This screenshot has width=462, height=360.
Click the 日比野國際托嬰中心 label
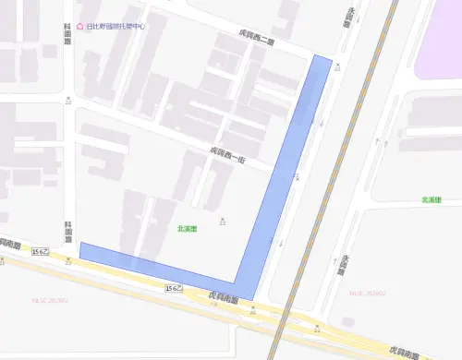[x=116, y=27]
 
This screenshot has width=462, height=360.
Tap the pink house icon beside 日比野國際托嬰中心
[x=80, y=27]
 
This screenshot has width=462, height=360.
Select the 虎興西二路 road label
[x=255, y=39]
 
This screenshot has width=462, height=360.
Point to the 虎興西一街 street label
[x=225, y=154]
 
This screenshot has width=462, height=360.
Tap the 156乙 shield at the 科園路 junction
[x=40, y=251]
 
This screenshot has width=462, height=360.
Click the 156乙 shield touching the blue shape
[x=173, y=288]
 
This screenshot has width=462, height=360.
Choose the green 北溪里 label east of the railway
[x=432, y=199]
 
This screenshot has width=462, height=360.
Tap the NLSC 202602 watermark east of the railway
[x=366, y=294]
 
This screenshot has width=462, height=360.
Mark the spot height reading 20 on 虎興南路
[x=252, y=311]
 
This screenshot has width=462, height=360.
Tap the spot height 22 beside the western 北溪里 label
[x=223, y=222]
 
